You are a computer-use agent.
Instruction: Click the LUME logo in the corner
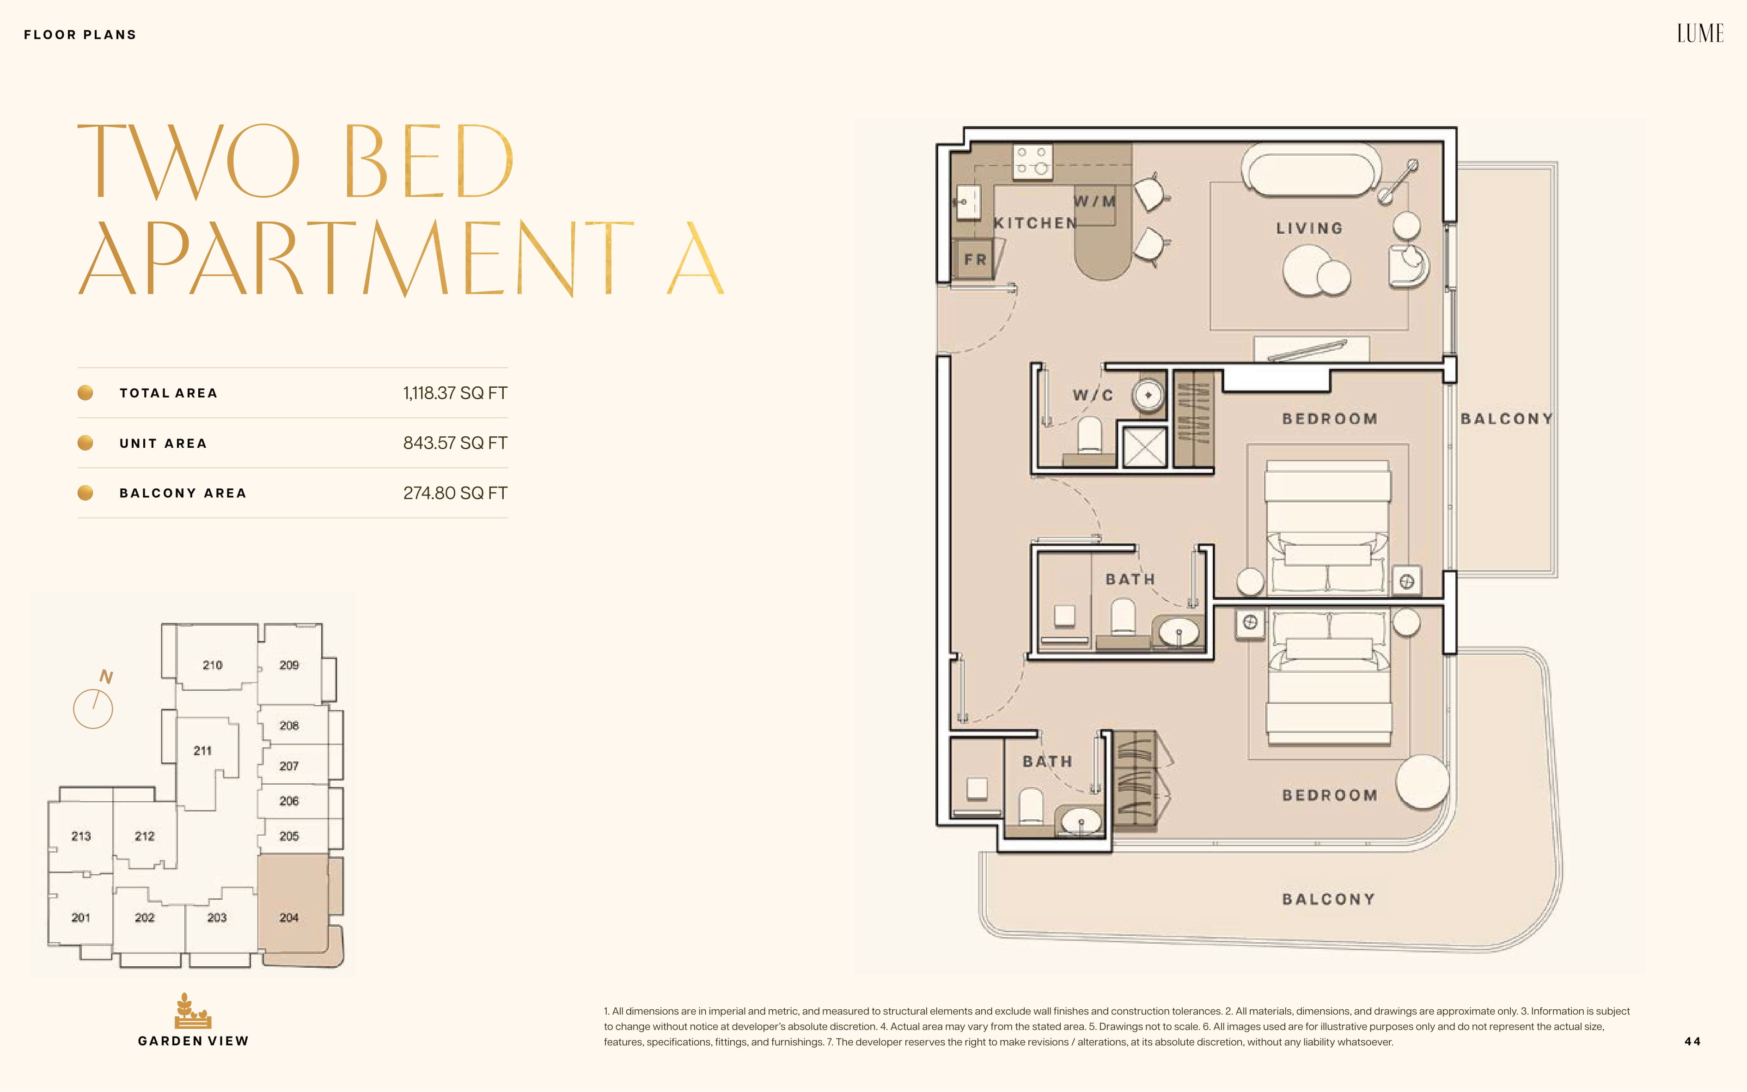pyautogui.click(x=1700, y=33)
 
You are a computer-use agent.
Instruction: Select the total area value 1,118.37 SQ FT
pyautogui.click(x=455, y=393)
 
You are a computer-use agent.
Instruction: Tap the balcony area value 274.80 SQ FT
pyautogui.click(x=455, y=493)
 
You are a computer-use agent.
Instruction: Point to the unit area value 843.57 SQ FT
pyautogui.click(x=455, y=443)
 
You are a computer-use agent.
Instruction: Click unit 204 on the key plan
pyautogui.click(x=289, y=917)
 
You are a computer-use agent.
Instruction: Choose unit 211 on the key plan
pyautogui.click(x=203, y=750)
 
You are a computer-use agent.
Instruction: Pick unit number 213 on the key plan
pyautogui.click(x=81, y=836)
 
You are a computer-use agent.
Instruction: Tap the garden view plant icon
pyautogui.click(x=193, y=1010)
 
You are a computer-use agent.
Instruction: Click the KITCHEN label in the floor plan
pyautogui.click(x=1035, y=223)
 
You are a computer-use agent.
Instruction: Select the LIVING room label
pyautogui.click(x=1309, y=228)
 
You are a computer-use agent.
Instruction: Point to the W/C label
pyautogui.click(x=1093, y=395)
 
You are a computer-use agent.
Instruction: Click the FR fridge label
pyautogui.click(x=975, y=259)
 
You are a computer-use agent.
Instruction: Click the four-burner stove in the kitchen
pyautogui.click(x=1032, y=161)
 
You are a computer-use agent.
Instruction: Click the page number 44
pyautogui.click(x=1692, y=1042)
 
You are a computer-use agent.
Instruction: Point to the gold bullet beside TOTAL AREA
pyautogui.click(x=85, y=393)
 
